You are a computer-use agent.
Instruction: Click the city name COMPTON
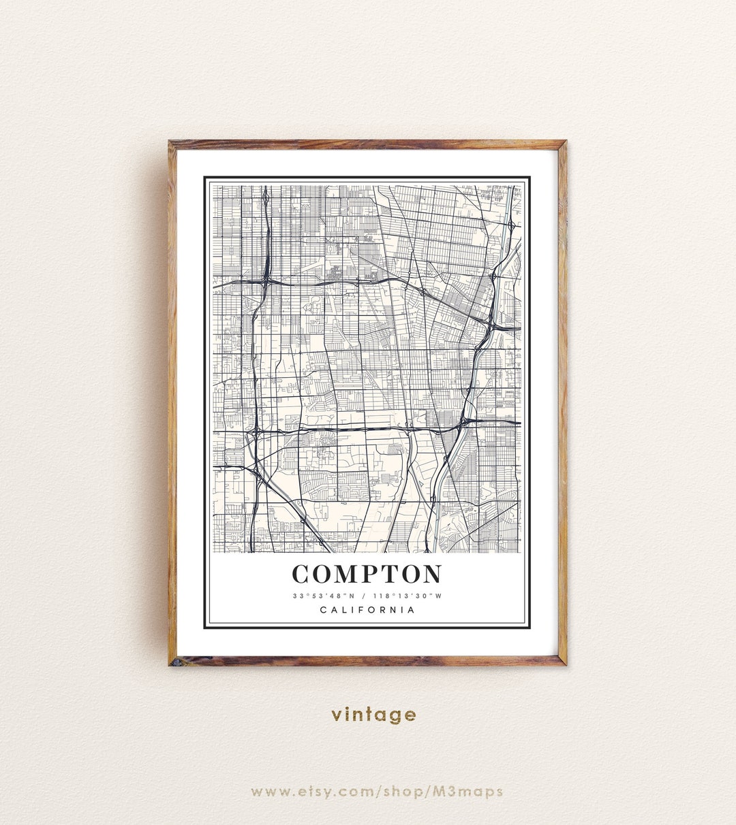tap(367, 574)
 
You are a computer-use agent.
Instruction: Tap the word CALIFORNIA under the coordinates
tap(367, 610)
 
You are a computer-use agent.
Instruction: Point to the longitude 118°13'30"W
tap(410, 596)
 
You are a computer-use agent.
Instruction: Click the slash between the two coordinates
tap(368, 596)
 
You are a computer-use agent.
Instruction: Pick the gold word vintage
tap(373, 715)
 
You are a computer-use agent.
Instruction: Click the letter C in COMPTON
tap(302, 574)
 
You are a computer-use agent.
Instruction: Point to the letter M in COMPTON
tap(348, 574)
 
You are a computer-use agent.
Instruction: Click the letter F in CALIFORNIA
tap(356, 610)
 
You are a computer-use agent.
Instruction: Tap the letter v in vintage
tap(337, 715)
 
